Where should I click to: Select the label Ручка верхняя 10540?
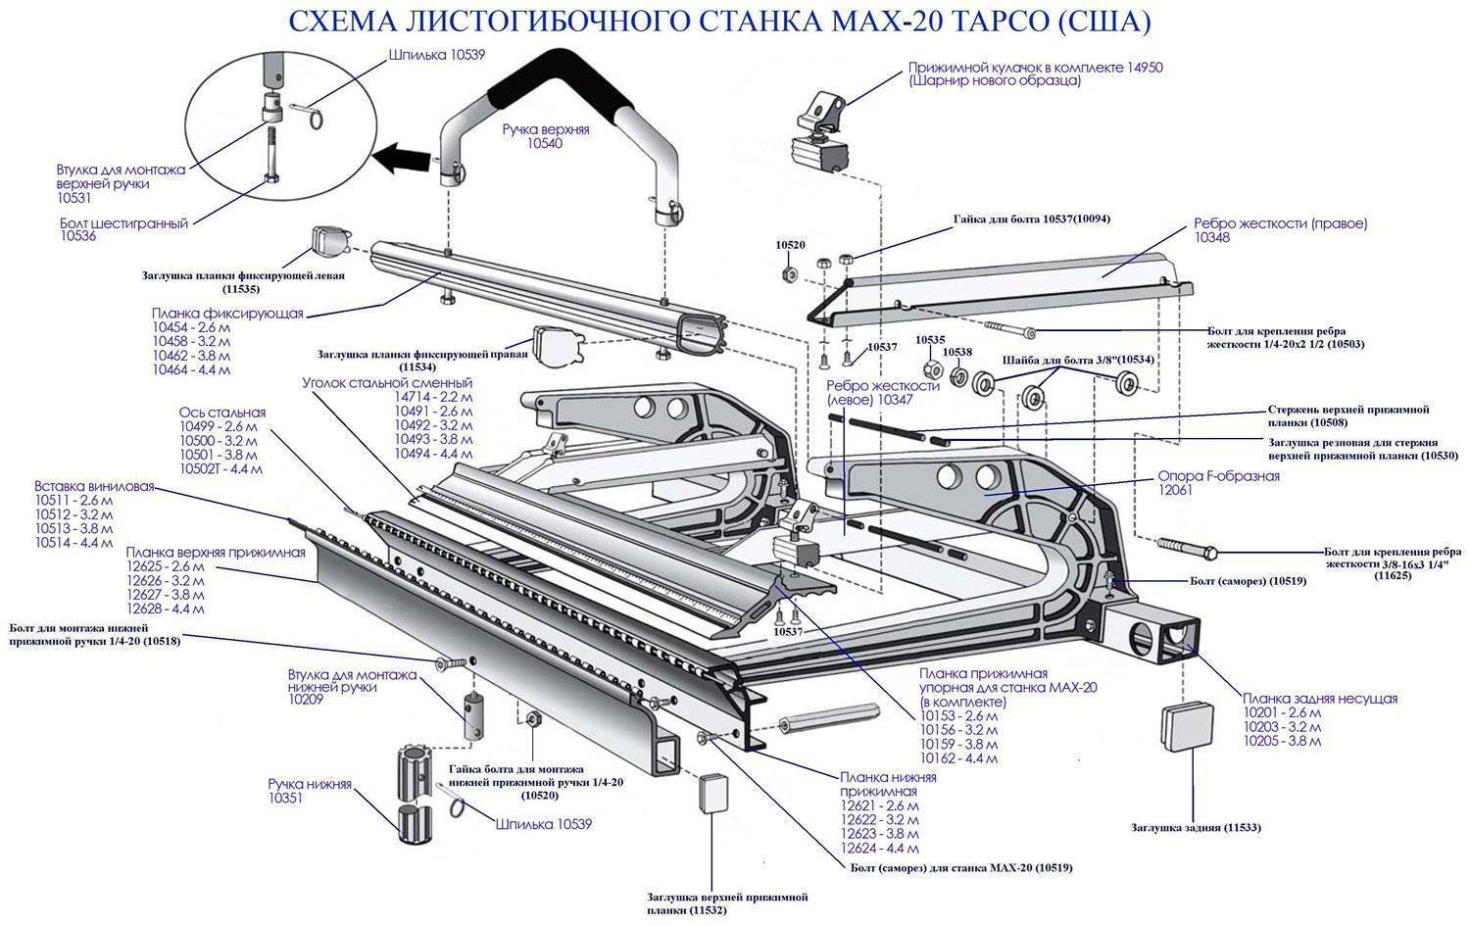tap(546, 136)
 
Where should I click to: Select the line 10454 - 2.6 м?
tap(191, 327)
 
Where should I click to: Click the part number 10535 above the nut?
tap(930, 339)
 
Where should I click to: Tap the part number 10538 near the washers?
tap(957, 352)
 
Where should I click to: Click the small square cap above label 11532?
tap(712, 792)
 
